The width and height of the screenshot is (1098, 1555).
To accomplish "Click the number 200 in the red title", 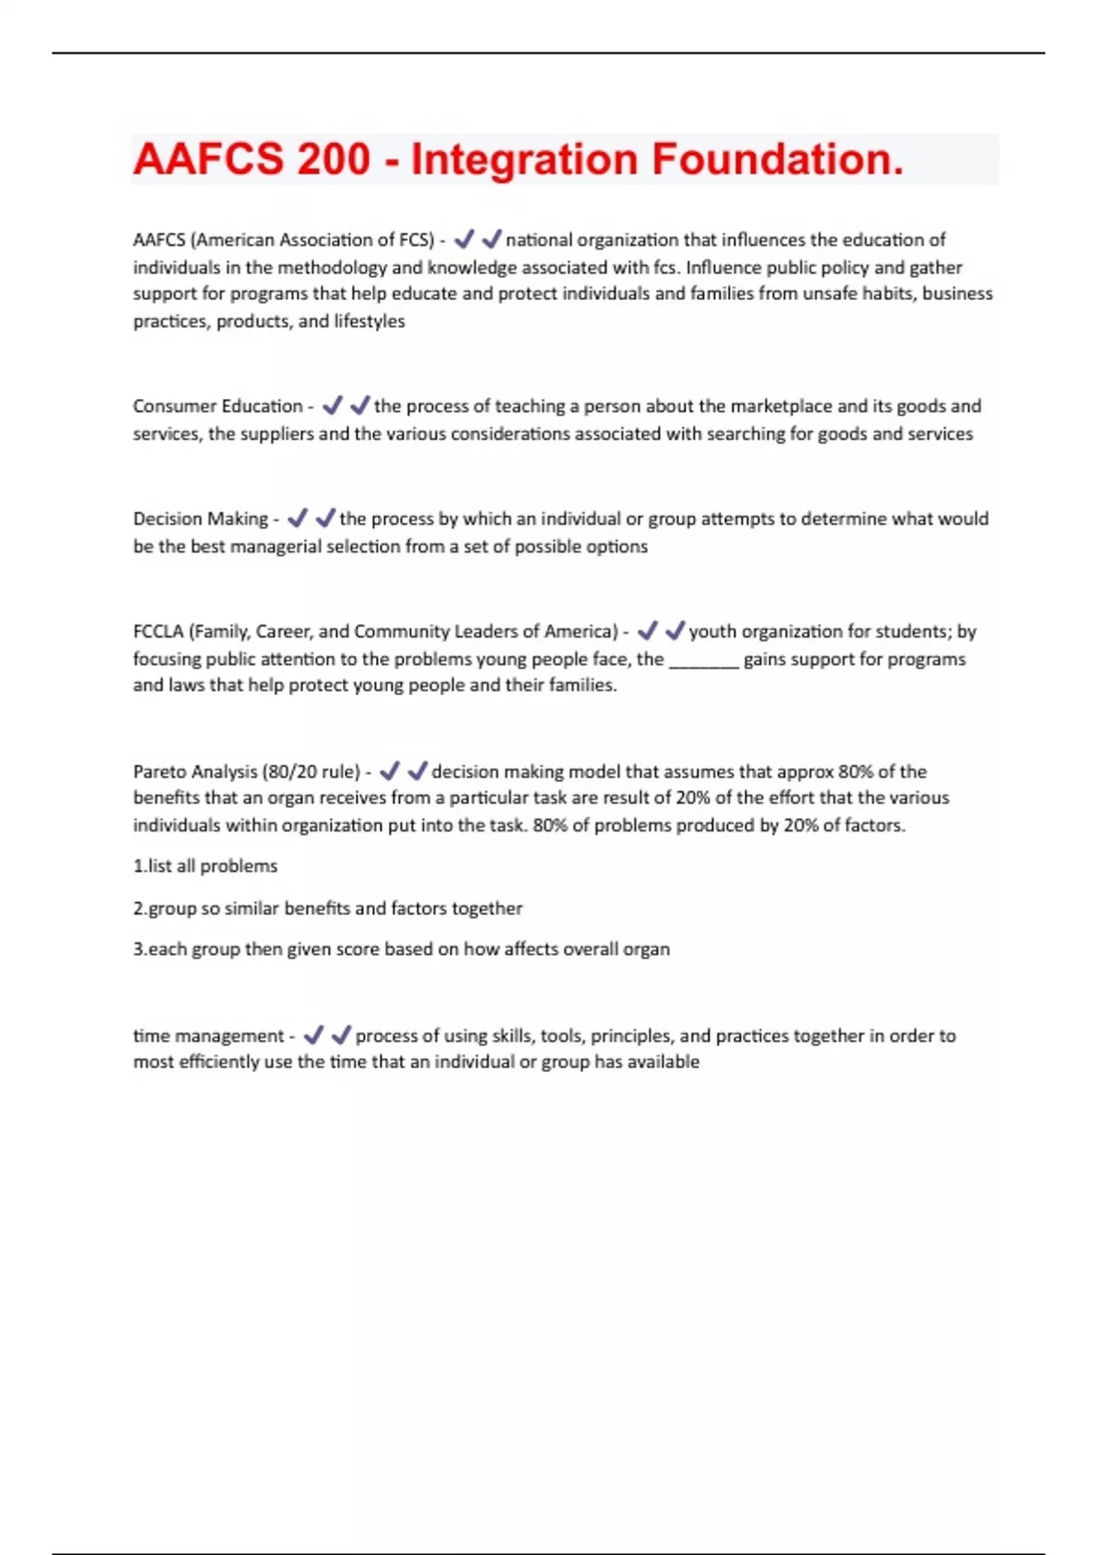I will [333, 159].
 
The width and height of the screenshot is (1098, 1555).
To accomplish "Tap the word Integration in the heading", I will [523, 159].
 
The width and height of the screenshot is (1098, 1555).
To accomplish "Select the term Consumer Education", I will [217, 406].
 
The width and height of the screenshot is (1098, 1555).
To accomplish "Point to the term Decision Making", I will [200, 519].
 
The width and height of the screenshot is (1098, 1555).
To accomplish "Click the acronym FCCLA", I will [157, 631].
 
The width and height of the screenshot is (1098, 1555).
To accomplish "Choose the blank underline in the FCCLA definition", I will [704, 660].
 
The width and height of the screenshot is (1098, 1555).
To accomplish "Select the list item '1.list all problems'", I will [205, 866].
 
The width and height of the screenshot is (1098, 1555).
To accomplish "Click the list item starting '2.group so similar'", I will [328, 908].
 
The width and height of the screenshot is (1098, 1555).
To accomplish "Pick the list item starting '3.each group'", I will [401, 949].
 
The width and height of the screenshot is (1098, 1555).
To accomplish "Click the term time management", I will [209, 1035].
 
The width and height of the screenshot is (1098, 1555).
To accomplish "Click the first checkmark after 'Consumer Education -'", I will [332, 405].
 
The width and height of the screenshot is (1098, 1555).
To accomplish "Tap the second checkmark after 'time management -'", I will [341, 1035].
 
